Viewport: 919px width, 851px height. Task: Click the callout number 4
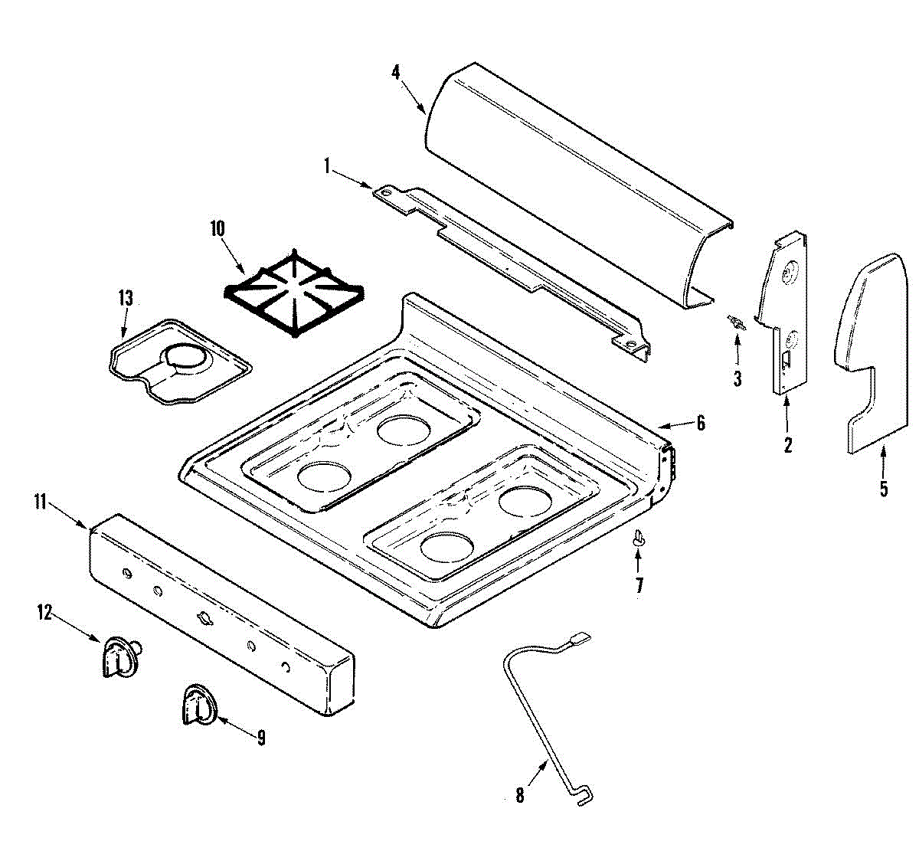(395, 73)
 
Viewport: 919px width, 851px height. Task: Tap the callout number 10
(217, 228)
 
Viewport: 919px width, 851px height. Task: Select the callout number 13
(126, 297)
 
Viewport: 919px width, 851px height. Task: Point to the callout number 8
(520, 796)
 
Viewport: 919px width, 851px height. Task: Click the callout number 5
(884, 489)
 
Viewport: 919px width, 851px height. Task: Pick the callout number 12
(44, 612)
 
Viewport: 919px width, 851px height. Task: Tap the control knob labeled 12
(119, 656)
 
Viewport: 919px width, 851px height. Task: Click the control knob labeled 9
(198, 705)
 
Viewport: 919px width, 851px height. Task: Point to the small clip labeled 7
(638, 539)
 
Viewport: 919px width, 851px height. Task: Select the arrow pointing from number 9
(234, 726)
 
